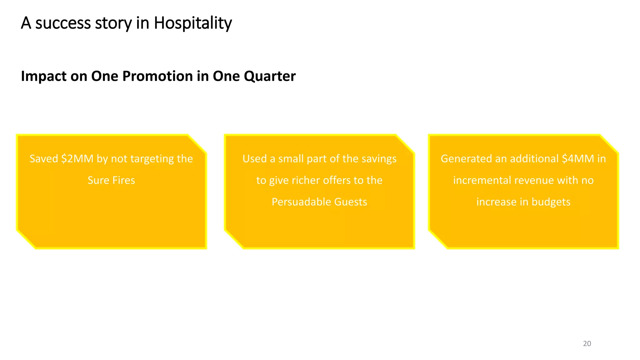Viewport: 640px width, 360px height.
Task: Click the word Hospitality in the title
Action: point(192,23)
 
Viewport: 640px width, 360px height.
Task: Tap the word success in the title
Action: point(63,23)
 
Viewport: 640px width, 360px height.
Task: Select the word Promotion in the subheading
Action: point(157,76)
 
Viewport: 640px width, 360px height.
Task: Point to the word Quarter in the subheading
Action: point(270,76)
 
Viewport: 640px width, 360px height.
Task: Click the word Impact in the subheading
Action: point(44,76)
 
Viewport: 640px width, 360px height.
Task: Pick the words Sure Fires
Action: point(111,180)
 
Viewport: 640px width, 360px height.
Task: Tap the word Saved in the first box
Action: point(44,159)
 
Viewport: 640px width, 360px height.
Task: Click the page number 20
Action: point(587,344)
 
